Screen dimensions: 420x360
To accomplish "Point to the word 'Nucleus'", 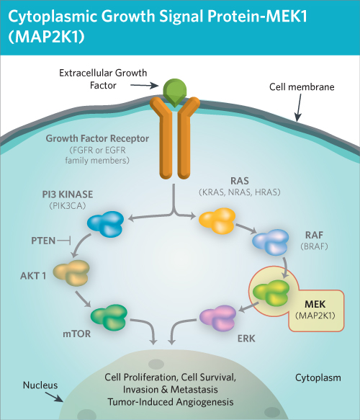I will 37,384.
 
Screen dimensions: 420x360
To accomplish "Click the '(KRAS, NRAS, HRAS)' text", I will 237,192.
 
